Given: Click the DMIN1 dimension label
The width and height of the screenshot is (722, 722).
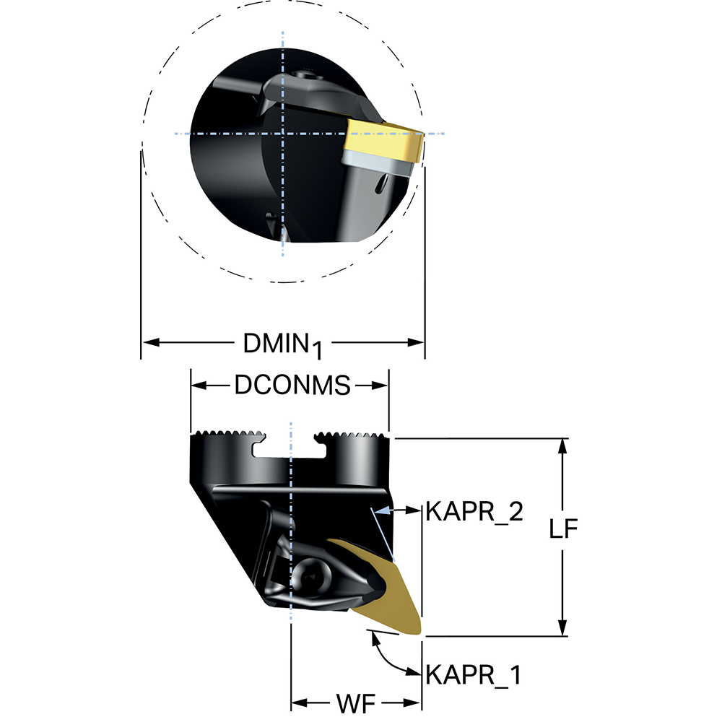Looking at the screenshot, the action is point(282,345).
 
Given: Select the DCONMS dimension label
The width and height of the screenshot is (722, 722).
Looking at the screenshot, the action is point(292,386).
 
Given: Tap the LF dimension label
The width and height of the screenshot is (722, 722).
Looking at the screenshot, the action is point(562,529).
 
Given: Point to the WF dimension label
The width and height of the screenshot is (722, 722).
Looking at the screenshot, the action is point(356,703).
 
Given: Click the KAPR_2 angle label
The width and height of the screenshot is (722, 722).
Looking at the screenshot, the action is point(474,512).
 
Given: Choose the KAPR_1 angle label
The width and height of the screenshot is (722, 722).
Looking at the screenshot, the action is point(474,674).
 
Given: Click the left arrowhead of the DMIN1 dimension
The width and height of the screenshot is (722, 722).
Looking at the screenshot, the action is point(151,342).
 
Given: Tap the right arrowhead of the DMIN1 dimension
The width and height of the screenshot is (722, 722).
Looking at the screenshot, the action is point(415,342).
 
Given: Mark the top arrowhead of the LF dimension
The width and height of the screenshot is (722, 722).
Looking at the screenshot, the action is point(562,447).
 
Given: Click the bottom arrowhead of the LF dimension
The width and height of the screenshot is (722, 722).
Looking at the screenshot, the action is point(562,627).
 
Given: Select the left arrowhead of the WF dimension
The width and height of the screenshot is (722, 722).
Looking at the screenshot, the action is point(300,703).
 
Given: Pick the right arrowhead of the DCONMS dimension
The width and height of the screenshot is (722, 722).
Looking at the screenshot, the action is point(380,386).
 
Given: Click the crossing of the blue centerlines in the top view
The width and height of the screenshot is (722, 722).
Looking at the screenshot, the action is point(282,134).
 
